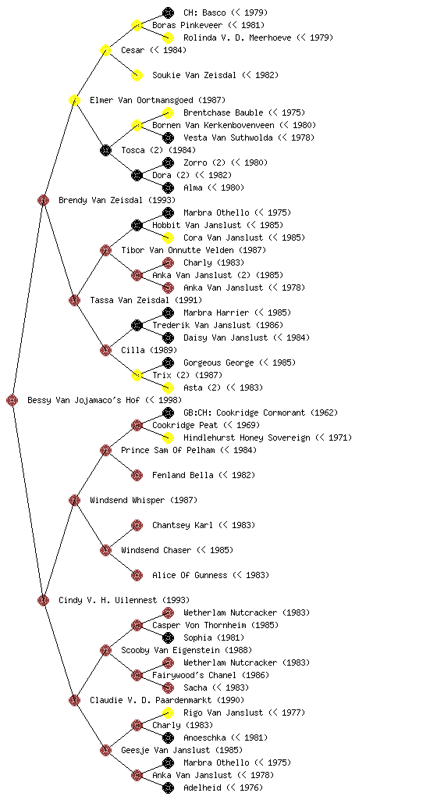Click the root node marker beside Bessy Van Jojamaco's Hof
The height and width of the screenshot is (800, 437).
click(12, 400)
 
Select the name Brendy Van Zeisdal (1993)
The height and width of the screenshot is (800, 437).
click(117, 200)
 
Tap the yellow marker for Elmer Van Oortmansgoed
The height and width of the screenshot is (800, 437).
click(74, 100)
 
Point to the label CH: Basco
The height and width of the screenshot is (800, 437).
click(204, 12)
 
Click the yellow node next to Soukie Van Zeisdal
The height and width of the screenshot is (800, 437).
click(137, 75)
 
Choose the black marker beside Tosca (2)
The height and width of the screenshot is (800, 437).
click(105, 150)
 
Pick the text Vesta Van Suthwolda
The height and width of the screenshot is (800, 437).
click(228, 137)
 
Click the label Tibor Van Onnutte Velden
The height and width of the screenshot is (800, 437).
click(177, 250)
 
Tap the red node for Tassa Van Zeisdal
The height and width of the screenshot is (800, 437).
click(74, 300)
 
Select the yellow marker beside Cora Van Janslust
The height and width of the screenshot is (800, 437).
click(168, 237)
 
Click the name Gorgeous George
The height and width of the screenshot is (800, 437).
click(218, 362)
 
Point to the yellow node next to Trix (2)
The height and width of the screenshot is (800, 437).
click(137, 375)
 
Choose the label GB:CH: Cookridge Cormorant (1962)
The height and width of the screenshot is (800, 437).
click(261, 412)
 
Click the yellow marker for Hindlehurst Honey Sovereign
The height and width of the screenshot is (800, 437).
click(168, 437)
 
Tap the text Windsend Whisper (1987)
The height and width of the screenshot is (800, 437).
click(144, 500)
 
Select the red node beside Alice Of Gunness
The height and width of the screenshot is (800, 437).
click(137, 575)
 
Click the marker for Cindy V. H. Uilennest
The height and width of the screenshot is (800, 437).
click(43, 600)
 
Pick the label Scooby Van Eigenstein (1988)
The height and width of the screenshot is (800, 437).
click(187, 650)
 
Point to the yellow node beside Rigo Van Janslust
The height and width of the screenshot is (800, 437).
click(168, 712)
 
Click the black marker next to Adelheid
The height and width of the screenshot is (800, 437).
click(168, 787)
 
